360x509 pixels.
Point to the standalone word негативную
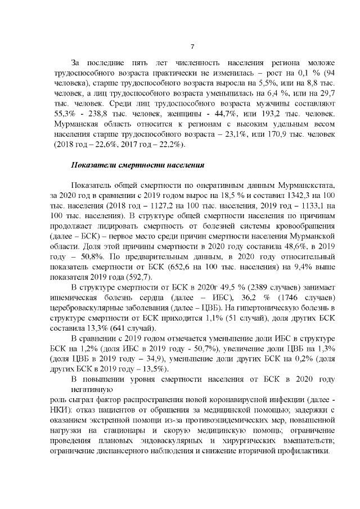click(92, 389)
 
